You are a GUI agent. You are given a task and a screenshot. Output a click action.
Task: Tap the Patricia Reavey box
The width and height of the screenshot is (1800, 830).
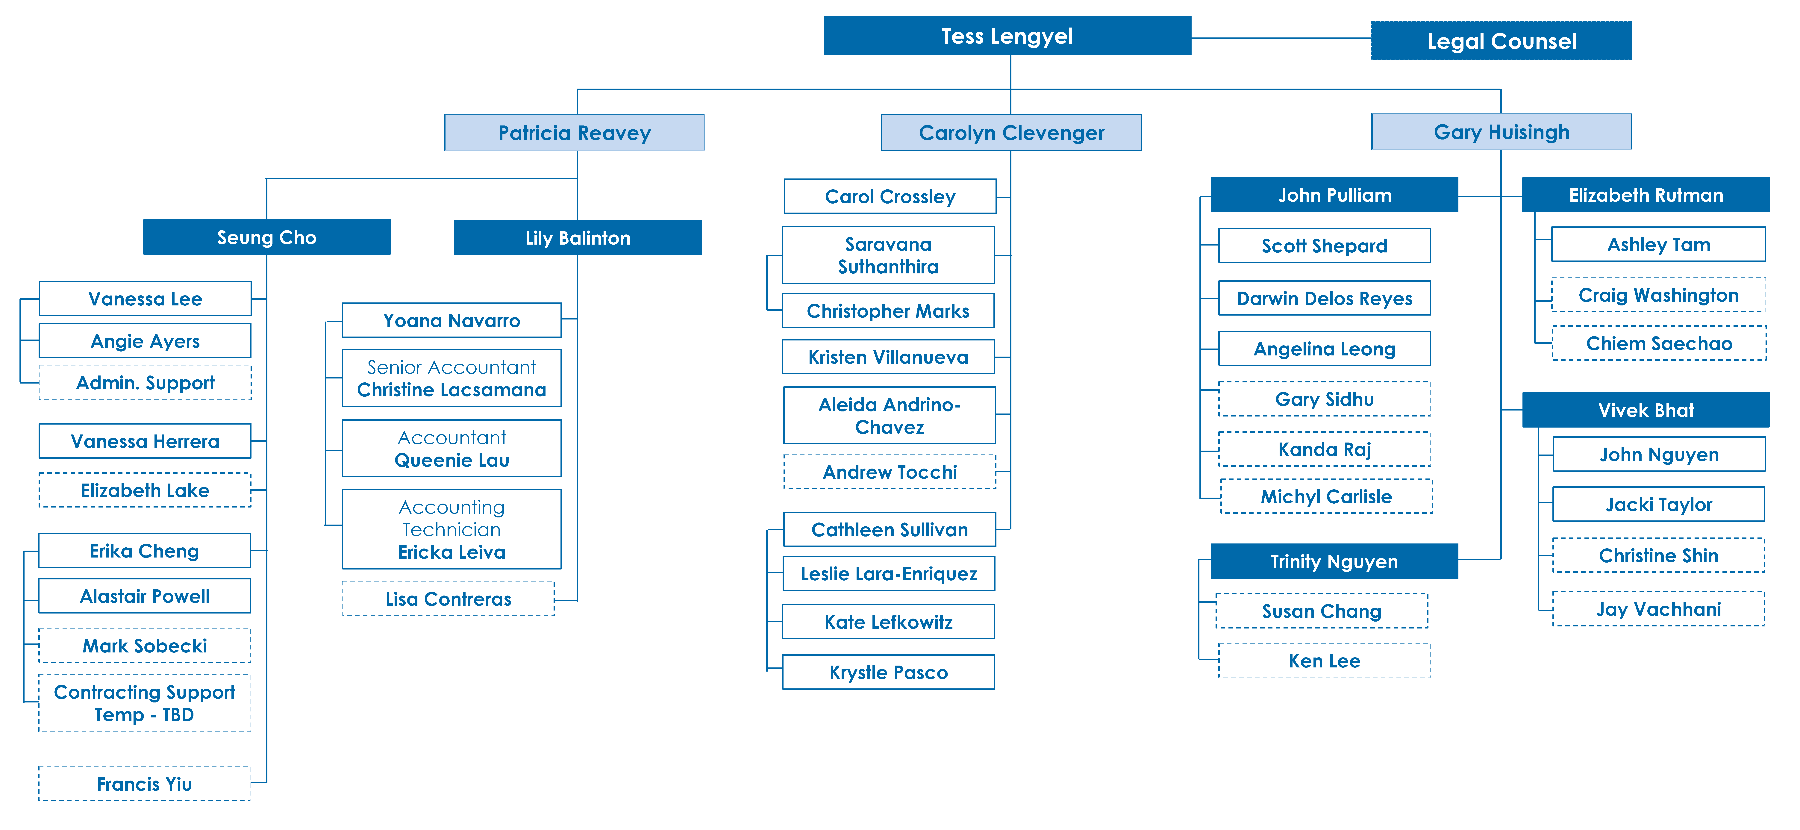pyautogui.click(x=574, y=133)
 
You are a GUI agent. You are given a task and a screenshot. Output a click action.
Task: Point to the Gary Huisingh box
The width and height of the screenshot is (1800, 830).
pyautogui.click(x=1502, y=132)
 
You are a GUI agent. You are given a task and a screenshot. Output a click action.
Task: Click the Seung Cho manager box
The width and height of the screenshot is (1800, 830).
pyautogui.click(x=267, y=237)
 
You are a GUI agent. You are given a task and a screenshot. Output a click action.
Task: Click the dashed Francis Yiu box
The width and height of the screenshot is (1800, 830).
pyautogui.click(x=145, y=784)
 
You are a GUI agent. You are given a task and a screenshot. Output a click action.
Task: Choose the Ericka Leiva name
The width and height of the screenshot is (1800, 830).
pyautogui.click(x=451, y=552)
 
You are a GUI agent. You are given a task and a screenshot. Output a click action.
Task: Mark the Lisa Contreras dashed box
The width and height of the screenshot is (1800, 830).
pyautogui.click(x=449, y=599)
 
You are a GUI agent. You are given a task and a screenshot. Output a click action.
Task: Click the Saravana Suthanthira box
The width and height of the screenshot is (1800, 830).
pyautogui.click(x=888, y=255)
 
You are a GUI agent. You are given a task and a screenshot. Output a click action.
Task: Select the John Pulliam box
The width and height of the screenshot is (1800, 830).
pyautogui.click(x=1335, y=195)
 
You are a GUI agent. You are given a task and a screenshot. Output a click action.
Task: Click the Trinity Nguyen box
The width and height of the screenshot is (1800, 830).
pyautogui.click(x=1335, y=562)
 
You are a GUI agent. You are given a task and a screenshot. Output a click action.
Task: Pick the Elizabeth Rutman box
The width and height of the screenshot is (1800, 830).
pyautogui.click(x=1646, y=195)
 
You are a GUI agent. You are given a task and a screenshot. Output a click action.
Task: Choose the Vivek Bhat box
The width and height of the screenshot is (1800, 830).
pyautogui.click(x=1646, y=410)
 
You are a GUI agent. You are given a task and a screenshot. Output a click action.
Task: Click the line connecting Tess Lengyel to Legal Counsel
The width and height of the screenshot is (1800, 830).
pyautogui.click(x=1281, y=38)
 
